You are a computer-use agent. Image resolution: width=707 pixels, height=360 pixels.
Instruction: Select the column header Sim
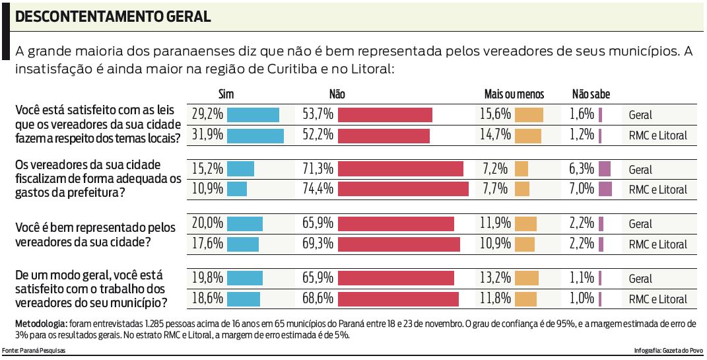pos(226,95)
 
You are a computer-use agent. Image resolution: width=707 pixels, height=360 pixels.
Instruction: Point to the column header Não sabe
pos(590,95)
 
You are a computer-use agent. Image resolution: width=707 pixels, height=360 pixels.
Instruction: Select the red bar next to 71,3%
pos(402,169)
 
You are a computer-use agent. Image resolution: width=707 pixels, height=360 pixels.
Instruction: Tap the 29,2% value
pos(207,115)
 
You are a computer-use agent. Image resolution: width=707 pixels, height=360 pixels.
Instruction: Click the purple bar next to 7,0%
pos(605,190)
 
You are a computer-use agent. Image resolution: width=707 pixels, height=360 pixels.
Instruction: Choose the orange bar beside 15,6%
pos(529,115)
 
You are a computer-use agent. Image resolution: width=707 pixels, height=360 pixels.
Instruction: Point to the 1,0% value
pos(582,298)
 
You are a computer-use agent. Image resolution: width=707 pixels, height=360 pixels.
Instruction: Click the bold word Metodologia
pos(40,324)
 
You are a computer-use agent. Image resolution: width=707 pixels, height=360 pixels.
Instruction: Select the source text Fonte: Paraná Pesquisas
pos(34,350)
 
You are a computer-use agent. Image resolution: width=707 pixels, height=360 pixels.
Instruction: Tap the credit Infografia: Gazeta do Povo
pos(667,350)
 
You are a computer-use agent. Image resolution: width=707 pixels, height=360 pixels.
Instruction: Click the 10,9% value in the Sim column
pos(207,190)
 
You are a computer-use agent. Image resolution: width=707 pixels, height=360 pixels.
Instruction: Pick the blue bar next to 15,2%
pos(240,169)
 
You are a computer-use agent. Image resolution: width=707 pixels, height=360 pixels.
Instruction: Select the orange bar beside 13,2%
pos(527,278)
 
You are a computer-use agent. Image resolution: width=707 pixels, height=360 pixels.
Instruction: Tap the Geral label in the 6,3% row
pos(640,170)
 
